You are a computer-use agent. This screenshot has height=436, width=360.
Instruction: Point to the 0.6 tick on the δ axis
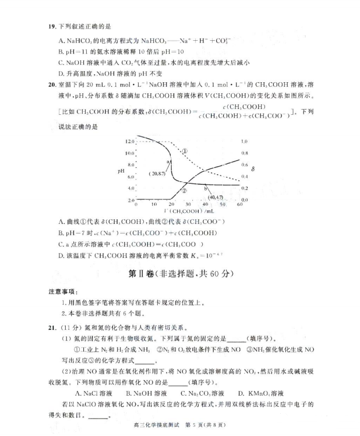click(244, 165)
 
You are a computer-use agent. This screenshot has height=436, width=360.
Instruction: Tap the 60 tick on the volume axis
click(239, 205)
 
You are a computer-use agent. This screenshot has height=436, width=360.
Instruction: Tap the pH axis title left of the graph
click(121, 171)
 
